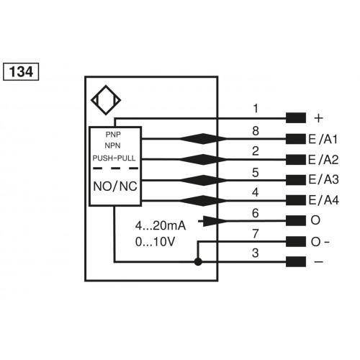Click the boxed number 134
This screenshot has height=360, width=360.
click(x=21, y=73)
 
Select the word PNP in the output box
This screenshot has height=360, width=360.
click(x=114, y=135)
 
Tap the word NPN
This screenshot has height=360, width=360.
click(x=114, y=146)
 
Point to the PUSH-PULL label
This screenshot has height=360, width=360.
click(x=114, y=158)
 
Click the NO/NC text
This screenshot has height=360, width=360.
click(x=114, y=186)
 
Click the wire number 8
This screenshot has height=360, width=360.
click(x=256, y=130)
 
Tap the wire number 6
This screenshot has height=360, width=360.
click(x=256, y=213)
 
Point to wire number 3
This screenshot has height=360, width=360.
click(x=256, y=253)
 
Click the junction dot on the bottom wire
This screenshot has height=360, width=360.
click(x=198, y=262)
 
